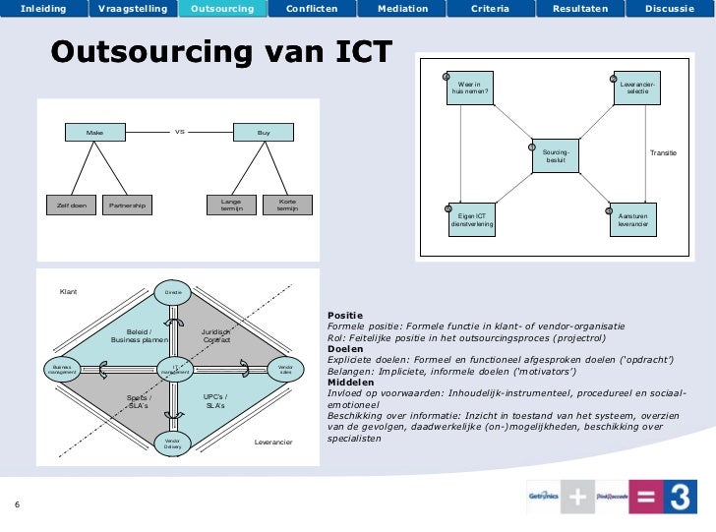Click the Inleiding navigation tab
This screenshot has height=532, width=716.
43,9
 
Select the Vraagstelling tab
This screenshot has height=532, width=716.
133,9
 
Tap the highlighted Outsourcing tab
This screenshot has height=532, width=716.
222,9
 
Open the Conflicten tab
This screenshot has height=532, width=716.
312,9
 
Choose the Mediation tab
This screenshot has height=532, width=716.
403,9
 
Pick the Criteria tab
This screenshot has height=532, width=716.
490,9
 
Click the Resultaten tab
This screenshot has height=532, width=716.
580,9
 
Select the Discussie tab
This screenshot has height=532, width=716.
670,9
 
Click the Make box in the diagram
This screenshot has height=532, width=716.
95,132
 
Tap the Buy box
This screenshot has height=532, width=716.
264,132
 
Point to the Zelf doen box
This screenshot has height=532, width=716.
71,206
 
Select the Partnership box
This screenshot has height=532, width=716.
126,206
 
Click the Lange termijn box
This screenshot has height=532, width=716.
231,205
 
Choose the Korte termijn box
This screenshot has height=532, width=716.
288,205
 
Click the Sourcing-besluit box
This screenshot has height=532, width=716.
556,156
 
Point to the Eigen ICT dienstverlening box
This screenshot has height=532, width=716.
472,220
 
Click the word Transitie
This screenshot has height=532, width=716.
664,153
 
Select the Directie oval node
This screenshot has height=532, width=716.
173,292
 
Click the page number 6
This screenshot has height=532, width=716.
17,506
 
